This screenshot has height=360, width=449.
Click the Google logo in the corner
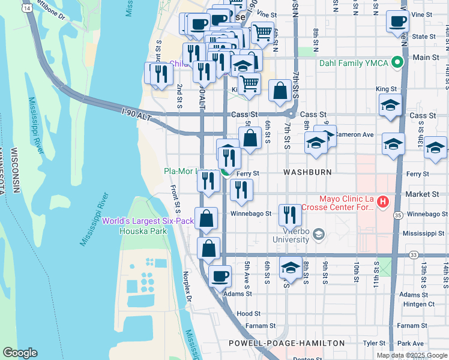(20, 353)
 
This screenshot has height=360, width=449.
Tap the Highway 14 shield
(27, 7)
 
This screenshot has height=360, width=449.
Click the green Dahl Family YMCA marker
(397, 61)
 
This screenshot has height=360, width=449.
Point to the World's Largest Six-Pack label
(148, 221)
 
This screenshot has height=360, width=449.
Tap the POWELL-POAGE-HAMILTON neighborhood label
(286, 343)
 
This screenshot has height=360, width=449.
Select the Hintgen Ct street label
(418, 304)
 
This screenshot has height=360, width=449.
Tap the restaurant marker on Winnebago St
(290, 214)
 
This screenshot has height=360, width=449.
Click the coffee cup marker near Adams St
(220, 275)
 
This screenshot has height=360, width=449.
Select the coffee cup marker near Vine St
(397, 21)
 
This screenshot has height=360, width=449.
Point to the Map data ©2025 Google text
(411, 355)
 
